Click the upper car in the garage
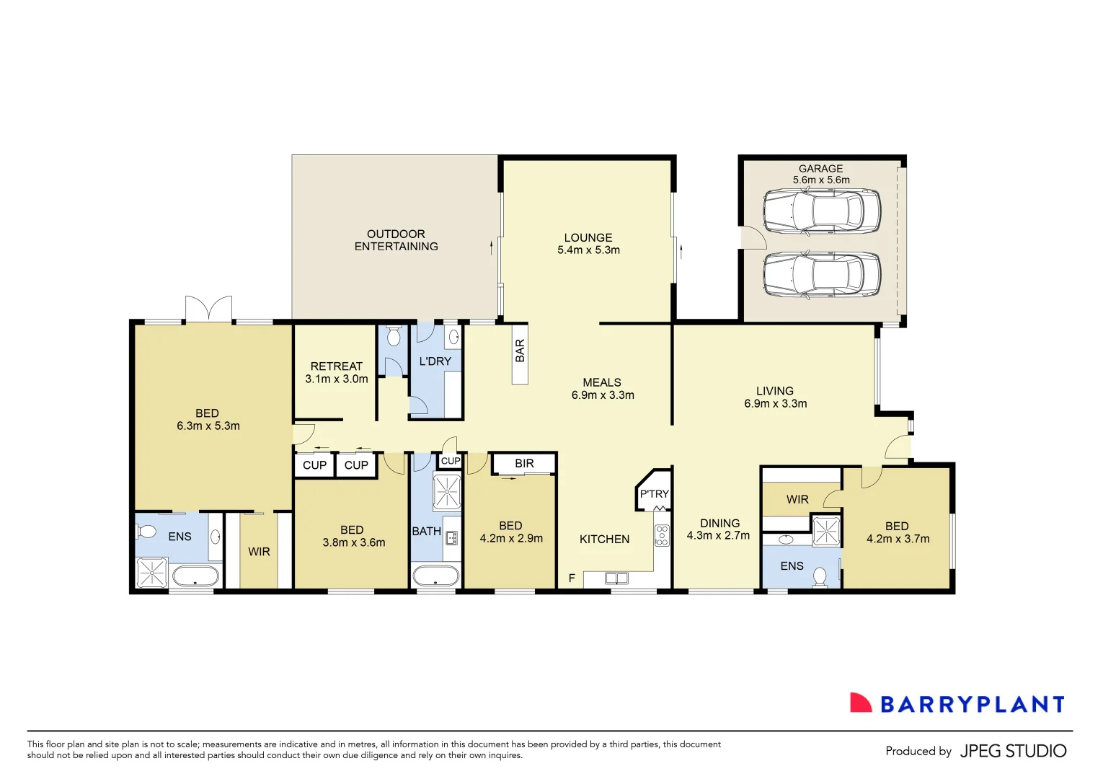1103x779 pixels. [x=821, y=211]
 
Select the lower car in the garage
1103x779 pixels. [x=821, y=275]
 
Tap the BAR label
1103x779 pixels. [x=520, y=351]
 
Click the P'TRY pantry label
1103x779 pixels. [x=654, y=494]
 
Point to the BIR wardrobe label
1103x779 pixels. [x=524, y=464]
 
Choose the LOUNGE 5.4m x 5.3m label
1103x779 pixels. [x=588, y=244]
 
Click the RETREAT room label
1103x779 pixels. [x=337, y=372]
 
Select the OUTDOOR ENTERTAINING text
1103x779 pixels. [x=396, y=240]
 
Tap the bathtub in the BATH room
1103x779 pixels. [x=435, y=576]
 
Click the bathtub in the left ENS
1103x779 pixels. [x=195, y=576]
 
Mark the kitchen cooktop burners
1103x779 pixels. [x=662, y=535]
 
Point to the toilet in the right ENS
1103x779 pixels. [x=820, y=577]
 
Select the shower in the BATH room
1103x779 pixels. [x=446, y=491]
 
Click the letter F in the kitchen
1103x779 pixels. [x=572, y=578]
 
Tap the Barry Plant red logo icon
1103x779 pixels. [x=861, y=703]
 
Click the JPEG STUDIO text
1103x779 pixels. [x=1013, y=751]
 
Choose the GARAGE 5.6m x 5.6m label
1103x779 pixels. [x=821, y=174]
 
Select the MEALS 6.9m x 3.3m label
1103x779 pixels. [x=603, y=389]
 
